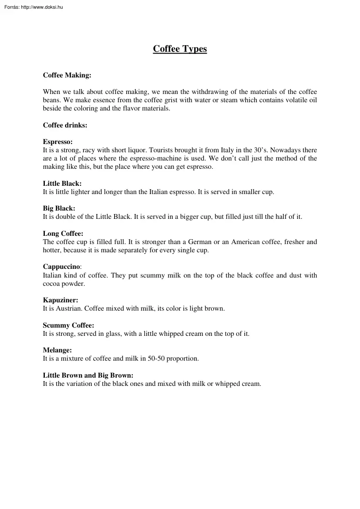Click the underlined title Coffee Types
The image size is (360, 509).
[x=180, y=49]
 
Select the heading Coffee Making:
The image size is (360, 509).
[x=67, y=75]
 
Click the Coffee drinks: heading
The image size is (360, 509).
[x=65, y=125]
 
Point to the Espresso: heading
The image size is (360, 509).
[x=57, y=142]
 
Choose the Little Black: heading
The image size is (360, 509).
[x=62, y=184]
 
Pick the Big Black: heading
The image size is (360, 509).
[x=59, y=208]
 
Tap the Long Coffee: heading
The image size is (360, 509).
[x=63, y=234]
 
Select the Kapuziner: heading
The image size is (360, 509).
[x=61, y=300]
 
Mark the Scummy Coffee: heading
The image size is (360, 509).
[x=68, y=325]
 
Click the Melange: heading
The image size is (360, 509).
[x=57, y=350]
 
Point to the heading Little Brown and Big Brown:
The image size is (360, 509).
[x=88, y=375]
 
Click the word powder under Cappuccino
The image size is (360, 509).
[x=74, y=284]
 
